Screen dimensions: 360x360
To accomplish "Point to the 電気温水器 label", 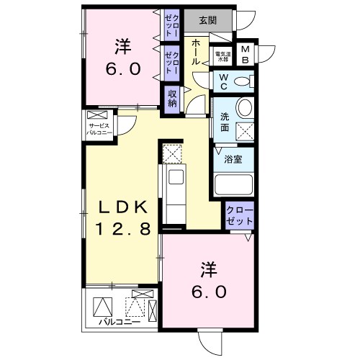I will pos(222,54).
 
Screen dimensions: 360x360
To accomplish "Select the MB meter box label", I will pos(246,54).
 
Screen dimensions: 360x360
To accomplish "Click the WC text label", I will pos(222,83).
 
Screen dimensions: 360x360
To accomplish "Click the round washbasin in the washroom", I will pos(245,109).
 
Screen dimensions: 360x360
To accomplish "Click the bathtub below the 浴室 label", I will pos(234,184).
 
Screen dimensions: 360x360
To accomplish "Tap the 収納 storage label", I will pos(173,98).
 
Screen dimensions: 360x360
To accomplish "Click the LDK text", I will pos(123,208).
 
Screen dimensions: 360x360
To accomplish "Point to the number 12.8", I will pos(123,230).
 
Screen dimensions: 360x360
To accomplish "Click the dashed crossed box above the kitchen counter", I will pos(173,154).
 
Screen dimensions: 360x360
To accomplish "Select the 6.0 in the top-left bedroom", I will pos(125,70).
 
